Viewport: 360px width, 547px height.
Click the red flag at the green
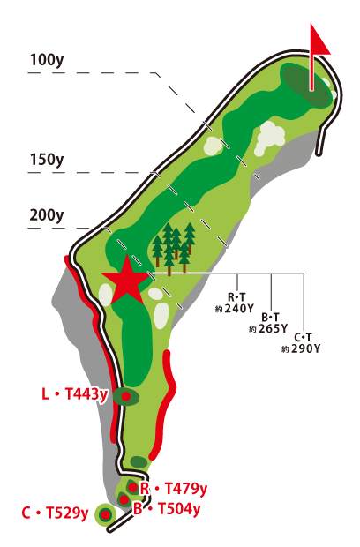tap(320, 39)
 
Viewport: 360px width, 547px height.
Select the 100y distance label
tap(46, 60)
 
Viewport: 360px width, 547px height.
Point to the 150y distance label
tap(46, 160)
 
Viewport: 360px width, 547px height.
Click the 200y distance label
tap(46, 214)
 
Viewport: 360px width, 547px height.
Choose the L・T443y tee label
tap(74, 394)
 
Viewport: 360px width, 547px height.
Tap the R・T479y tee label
tap(174, 488)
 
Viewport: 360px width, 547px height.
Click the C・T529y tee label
tap(55, 513)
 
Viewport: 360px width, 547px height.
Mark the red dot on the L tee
tap(126, 397)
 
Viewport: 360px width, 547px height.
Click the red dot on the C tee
tap(106, 514)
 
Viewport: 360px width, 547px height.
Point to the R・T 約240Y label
tap(239, 303)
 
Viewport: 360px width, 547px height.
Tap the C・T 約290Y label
tap(301, 342)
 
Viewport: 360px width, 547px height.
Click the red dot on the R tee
tap(132, 487)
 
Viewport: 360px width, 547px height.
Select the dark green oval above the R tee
tap(139, 461)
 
